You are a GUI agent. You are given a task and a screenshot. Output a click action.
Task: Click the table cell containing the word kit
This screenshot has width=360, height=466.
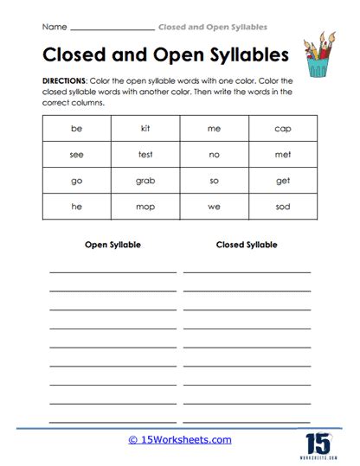(145, 129)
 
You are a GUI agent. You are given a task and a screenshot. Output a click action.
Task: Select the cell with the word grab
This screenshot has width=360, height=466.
(145, 182)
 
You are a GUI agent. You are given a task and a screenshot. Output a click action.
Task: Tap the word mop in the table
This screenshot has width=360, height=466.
(145, 207)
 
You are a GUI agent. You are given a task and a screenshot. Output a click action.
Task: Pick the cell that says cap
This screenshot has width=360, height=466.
(283, 129)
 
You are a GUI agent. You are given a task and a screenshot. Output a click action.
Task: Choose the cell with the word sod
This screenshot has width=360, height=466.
(283, 207)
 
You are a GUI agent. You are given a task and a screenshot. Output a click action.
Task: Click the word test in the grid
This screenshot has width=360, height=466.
(145, 155)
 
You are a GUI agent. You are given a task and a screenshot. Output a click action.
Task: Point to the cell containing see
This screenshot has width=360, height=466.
(76, 155)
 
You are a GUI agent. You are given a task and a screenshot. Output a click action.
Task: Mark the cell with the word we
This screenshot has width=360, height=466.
(214, 207)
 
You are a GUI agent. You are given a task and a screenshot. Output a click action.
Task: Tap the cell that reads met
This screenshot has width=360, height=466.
(283, 155)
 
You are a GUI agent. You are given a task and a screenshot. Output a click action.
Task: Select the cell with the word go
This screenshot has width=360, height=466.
(76, 182)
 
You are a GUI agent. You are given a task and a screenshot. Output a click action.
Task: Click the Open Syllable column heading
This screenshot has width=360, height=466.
(112, 245)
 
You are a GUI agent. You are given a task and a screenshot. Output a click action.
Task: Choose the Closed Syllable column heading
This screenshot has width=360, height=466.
(247, 245)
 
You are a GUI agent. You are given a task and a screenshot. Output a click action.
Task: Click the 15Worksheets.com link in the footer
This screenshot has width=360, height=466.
(180, 439)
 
